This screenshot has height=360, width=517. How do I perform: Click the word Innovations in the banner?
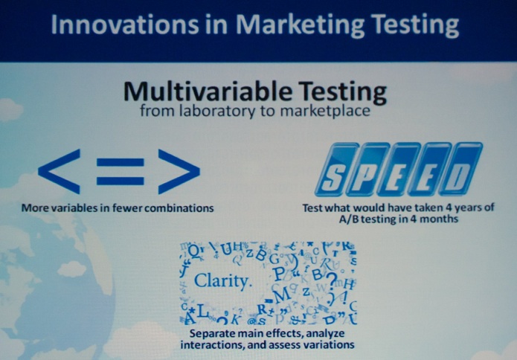point(125,25)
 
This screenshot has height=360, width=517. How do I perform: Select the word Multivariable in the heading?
point(208,91)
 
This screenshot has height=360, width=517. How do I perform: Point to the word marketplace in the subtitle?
point(325,111)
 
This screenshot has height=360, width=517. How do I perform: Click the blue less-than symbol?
point(60,171)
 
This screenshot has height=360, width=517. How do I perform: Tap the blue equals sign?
point(121,171)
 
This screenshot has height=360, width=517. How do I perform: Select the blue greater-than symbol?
point(179,171)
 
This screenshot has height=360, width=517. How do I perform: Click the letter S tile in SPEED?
point(335,170)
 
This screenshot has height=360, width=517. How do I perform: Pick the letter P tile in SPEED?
point(367,170)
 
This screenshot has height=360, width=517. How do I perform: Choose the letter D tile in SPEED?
point(460,169)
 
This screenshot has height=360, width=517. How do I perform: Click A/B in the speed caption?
point(349,219)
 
